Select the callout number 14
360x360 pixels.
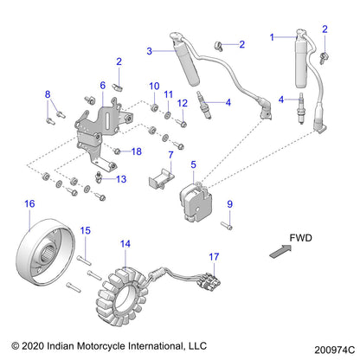(126, 245)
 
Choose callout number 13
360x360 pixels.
(120, 179)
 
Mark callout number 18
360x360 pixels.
(137, 151)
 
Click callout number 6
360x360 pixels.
(102, 86)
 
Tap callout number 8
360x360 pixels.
(48, 93)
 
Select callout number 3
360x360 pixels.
(149, 52)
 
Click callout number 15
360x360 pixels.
(86, 229)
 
